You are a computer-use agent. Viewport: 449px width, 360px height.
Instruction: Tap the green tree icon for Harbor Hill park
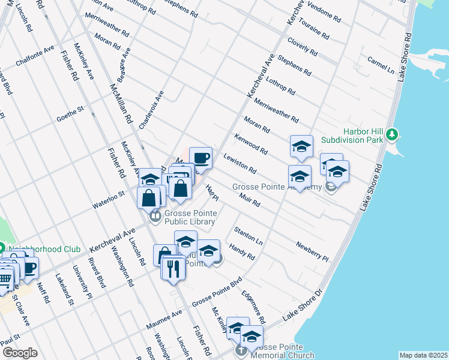(391, 133)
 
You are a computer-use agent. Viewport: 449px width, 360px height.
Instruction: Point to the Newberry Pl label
(312, 252)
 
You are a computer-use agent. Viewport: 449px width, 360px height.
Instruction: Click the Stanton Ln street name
(249, 236)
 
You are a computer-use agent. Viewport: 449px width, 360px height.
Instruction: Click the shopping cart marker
(5, 278)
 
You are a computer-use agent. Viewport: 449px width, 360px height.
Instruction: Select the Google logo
(19, 353)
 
